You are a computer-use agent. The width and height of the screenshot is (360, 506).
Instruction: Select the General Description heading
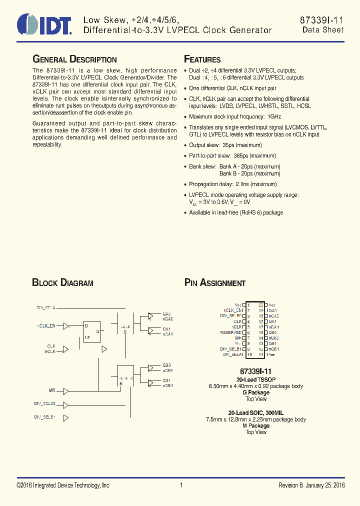click(74, 59)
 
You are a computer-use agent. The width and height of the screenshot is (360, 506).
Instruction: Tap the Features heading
click(202, 59)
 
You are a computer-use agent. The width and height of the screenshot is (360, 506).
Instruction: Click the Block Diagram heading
click(62, 283)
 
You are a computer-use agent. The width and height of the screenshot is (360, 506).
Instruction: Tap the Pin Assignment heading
click(215, 283)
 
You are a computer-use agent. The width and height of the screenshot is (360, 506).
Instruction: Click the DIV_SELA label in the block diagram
click(45, 307)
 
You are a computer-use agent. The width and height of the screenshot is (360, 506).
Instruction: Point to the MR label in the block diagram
click(52, 389)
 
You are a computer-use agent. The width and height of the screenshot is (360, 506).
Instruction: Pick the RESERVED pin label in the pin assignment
click(231, 332)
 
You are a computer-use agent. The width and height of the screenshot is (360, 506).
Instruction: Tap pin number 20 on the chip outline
click(260, 305)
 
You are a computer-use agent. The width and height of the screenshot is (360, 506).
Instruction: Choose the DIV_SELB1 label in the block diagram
click(45, 416)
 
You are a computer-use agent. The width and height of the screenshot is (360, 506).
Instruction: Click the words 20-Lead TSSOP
click(255, 380)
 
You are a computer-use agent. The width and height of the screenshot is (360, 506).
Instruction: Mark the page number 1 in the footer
click(181, 485)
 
